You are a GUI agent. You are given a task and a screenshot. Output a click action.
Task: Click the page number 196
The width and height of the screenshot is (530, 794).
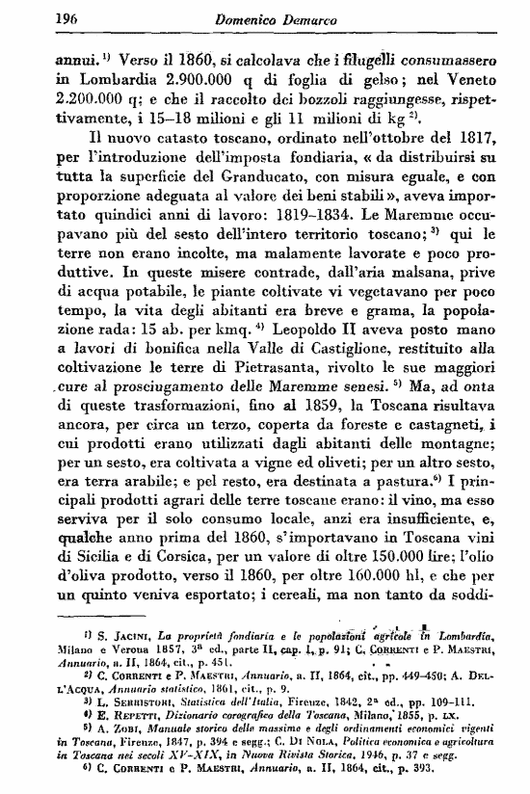(40, 18)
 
